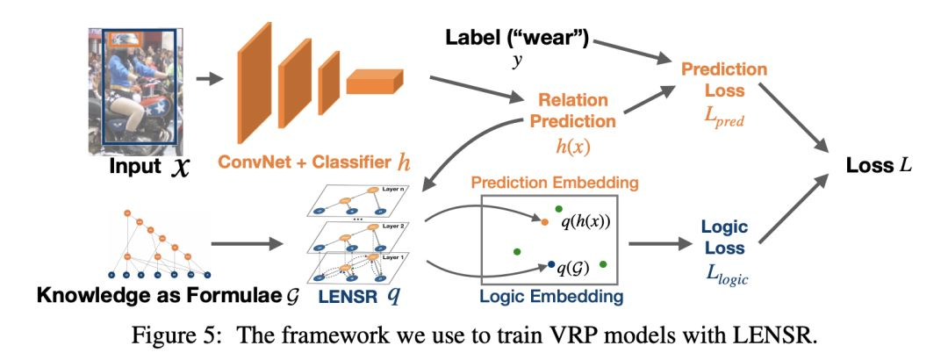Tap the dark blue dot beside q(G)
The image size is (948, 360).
(x=551, y=263)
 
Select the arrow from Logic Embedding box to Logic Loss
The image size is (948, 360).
(x=657, y=245)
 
